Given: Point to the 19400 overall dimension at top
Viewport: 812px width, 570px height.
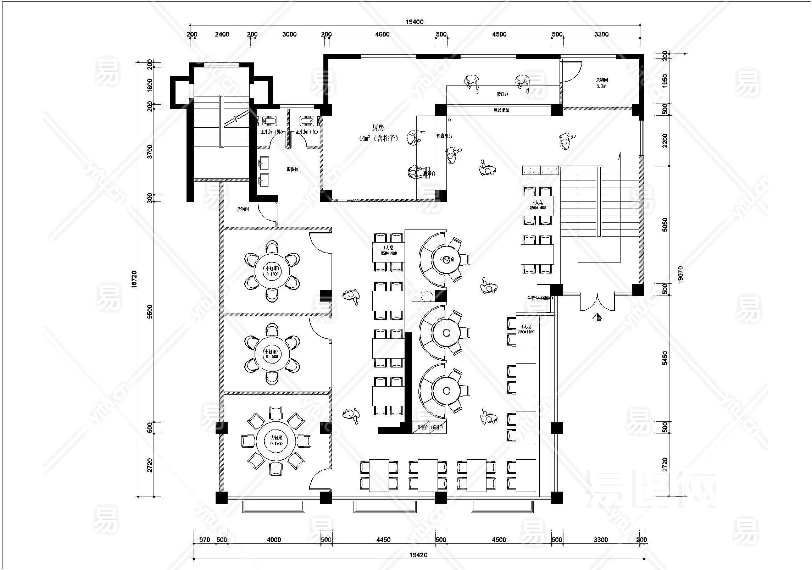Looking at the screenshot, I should [x=415, y=22].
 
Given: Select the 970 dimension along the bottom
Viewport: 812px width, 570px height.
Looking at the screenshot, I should [x=205, y=539].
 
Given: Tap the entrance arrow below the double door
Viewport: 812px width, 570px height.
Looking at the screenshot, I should [x=597, y=317].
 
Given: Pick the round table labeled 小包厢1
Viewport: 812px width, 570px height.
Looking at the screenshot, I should [x=272, y=271].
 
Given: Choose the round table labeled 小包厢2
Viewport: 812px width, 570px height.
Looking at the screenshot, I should [x=272, y=354].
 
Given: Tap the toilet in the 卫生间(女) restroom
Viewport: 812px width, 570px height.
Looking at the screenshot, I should [x=307, y=122].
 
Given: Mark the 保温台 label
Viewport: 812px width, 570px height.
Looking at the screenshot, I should [x=502, y=94].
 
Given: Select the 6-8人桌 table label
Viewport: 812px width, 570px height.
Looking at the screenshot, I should [x=447, y=259].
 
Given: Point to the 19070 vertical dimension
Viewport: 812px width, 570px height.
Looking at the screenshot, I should [x=680, y=274].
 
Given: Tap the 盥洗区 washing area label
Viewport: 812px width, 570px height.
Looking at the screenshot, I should [x=292, y=170].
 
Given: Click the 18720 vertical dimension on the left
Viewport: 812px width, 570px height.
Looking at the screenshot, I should [x=134, y=279].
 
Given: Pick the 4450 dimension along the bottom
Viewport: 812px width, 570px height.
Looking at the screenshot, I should [x=383, y=539].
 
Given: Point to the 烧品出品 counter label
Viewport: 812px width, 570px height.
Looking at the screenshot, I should [x=501, y=110].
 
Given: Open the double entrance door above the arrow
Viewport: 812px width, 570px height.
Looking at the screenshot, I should [x=597, y=301].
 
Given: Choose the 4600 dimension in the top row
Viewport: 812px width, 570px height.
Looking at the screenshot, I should [x=382, y=34].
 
